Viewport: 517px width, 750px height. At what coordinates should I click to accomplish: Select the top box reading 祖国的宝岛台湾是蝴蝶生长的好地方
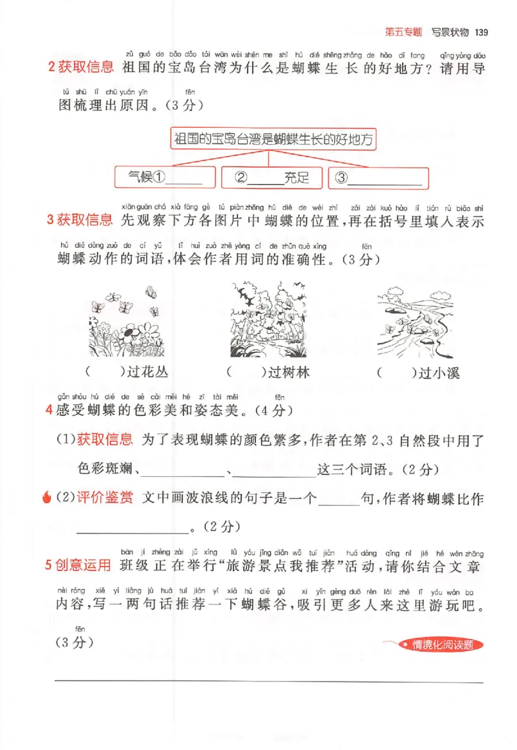[x=275, y=138]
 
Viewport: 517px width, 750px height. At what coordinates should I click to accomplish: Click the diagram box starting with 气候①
[x=164, y=178]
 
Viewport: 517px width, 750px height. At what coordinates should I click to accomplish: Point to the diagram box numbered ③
[x=378, y=178]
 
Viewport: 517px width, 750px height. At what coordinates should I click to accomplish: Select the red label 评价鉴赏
[x=105, y=498]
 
